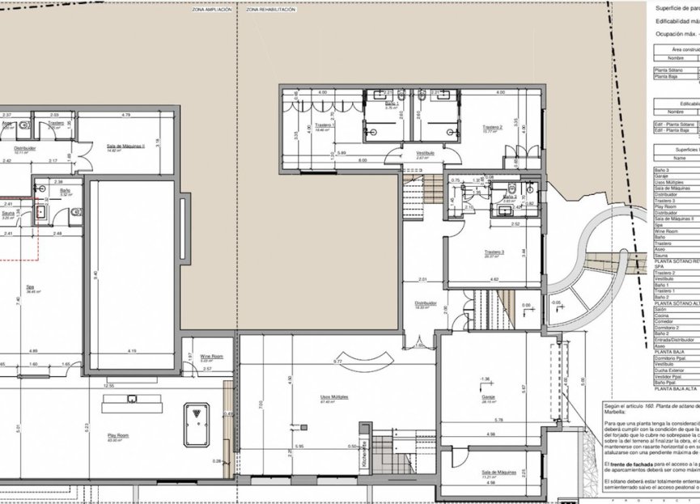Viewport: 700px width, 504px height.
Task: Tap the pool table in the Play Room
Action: [x=197, y=424]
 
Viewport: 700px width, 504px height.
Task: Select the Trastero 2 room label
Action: [x=493, y=128]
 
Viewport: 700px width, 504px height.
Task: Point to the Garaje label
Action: [x=488, y=396]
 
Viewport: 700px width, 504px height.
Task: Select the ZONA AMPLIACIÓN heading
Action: [x=212, y=11]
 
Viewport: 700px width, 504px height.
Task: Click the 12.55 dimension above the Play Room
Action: [x=108, y=386]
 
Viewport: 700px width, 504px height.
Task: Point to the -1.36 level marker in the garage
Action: [x=484, y=379]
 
